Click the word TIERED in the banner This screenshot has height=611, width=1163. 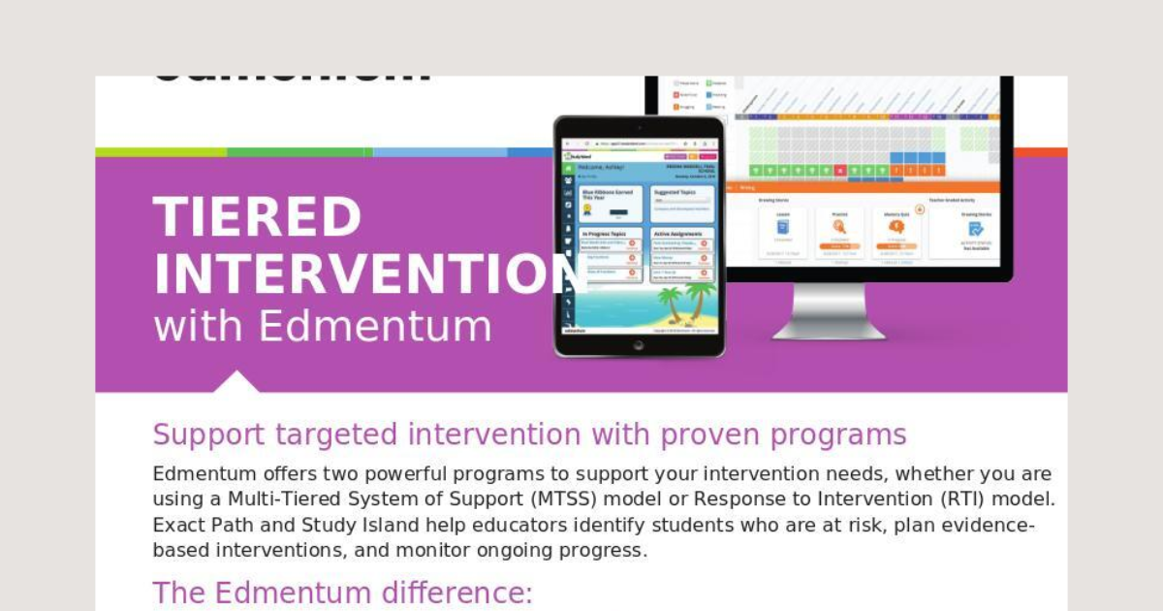pos(257,217)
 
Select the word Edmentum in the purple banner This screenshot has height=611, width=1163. pos(375,327)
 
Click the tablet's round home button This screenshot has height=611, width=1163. pos(639,344)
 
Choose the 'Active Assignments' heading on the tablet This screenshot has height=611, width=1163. pos(682,234)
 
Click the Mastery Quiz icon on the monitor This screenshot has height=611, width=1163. pos(896,227)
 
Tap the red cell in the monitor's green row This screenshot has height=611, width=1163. pos(839,171)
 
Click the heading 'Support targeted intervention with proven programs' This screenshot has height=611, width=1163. pos(529,434)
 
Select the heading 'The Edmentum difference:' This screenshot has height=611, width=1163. pos(342,593)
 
